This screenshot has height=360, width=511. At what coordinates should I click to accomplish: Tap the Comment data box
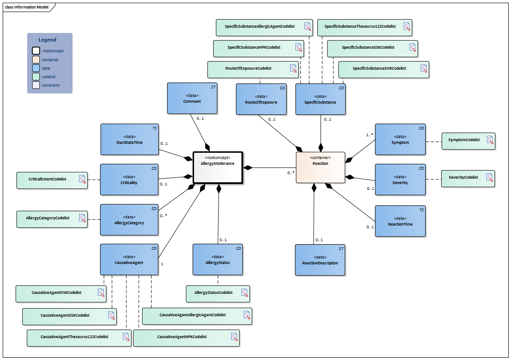point(192,98)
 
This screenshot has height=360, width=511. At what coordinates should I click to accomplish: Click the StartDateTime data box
point(129,139)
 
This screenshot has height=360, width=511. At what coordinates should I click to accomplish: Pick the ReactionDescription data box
point(320,260)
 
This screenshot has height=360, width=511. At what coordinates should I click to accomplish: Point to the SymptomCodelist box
point(468,140)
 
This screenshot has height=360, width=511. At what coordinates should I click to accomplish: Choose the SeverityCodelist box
point(468,178)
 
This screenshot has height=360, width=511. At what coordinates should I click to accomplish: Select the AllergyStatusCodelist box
point(218,293)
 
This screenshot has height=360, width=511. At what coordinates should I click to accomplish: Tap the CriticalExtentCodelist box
point(52,180)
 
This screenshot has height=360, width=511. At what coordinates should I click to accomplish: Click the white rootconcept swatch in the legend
point(36,51)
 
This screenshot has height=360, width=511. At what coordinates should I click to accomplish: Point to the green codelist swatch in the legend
point(36,76)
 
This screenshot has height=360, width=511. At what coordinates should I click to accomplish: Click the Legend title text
point(47,40)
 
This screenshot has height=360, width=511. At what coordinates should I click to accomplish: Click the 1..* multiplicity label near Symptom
point(369,134)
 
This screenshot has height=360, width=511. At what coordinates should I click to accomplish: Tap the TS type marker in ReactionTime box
point(421,209)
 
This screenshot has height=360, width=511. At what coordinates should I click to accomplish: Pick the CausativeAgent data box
point(129,259)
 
